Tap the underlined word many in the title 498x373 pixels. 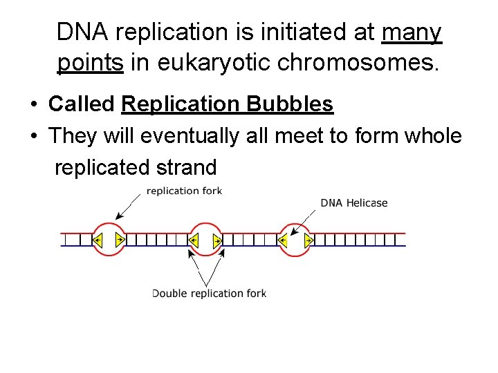(x=412, y=32)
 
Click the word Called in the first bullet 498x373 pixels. (x=81, y=104)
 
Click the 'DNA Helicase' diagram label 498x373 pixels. (x=353, y=203)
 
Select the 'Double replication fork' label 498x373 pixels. (x=209, y=294)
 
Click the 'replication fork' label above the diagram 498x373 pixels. (x=185, y=191)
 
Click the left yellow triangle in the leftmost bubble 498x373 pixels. (x=98, y=240)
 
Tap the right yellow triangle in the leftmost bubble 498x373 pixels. (x=120, y=240)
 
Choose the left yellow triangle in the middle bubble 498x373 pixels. (x=194, y=240)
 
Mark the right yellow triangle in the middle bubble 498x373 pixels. (x=217, y=240)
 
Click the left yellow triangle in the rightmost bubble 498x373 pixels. (x=284, y=240)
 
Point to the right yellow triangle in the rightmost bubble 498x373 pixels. (x=308, y=240)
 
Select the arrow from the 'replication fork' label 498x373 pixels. (x=129, y=207)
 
